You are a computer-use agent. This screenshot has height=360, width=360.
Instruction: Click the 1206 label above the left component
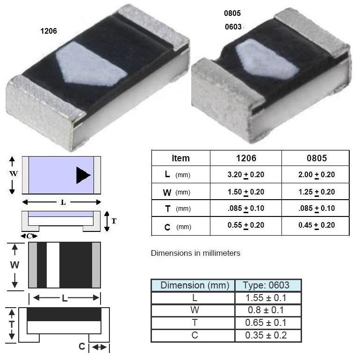click(49, 31)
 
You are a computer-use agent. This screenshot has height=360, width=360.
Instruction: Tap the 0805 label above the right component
click(232, 13)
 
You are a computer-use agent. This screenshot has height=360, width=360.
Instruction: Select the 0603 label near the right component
click(233, 27)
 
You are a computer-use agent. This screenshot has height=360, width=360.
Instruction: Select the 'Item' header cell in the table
click(180, 158)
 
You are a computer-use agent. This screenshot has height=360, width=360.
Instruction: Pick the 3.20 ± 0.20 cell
click(245, 175)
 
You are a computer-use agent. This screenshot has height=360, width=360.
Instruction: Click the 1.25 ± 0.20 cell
click(317, 192)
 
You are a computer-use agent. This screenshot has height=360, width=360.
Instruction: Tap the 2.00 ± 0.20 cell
click(317, 175)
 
